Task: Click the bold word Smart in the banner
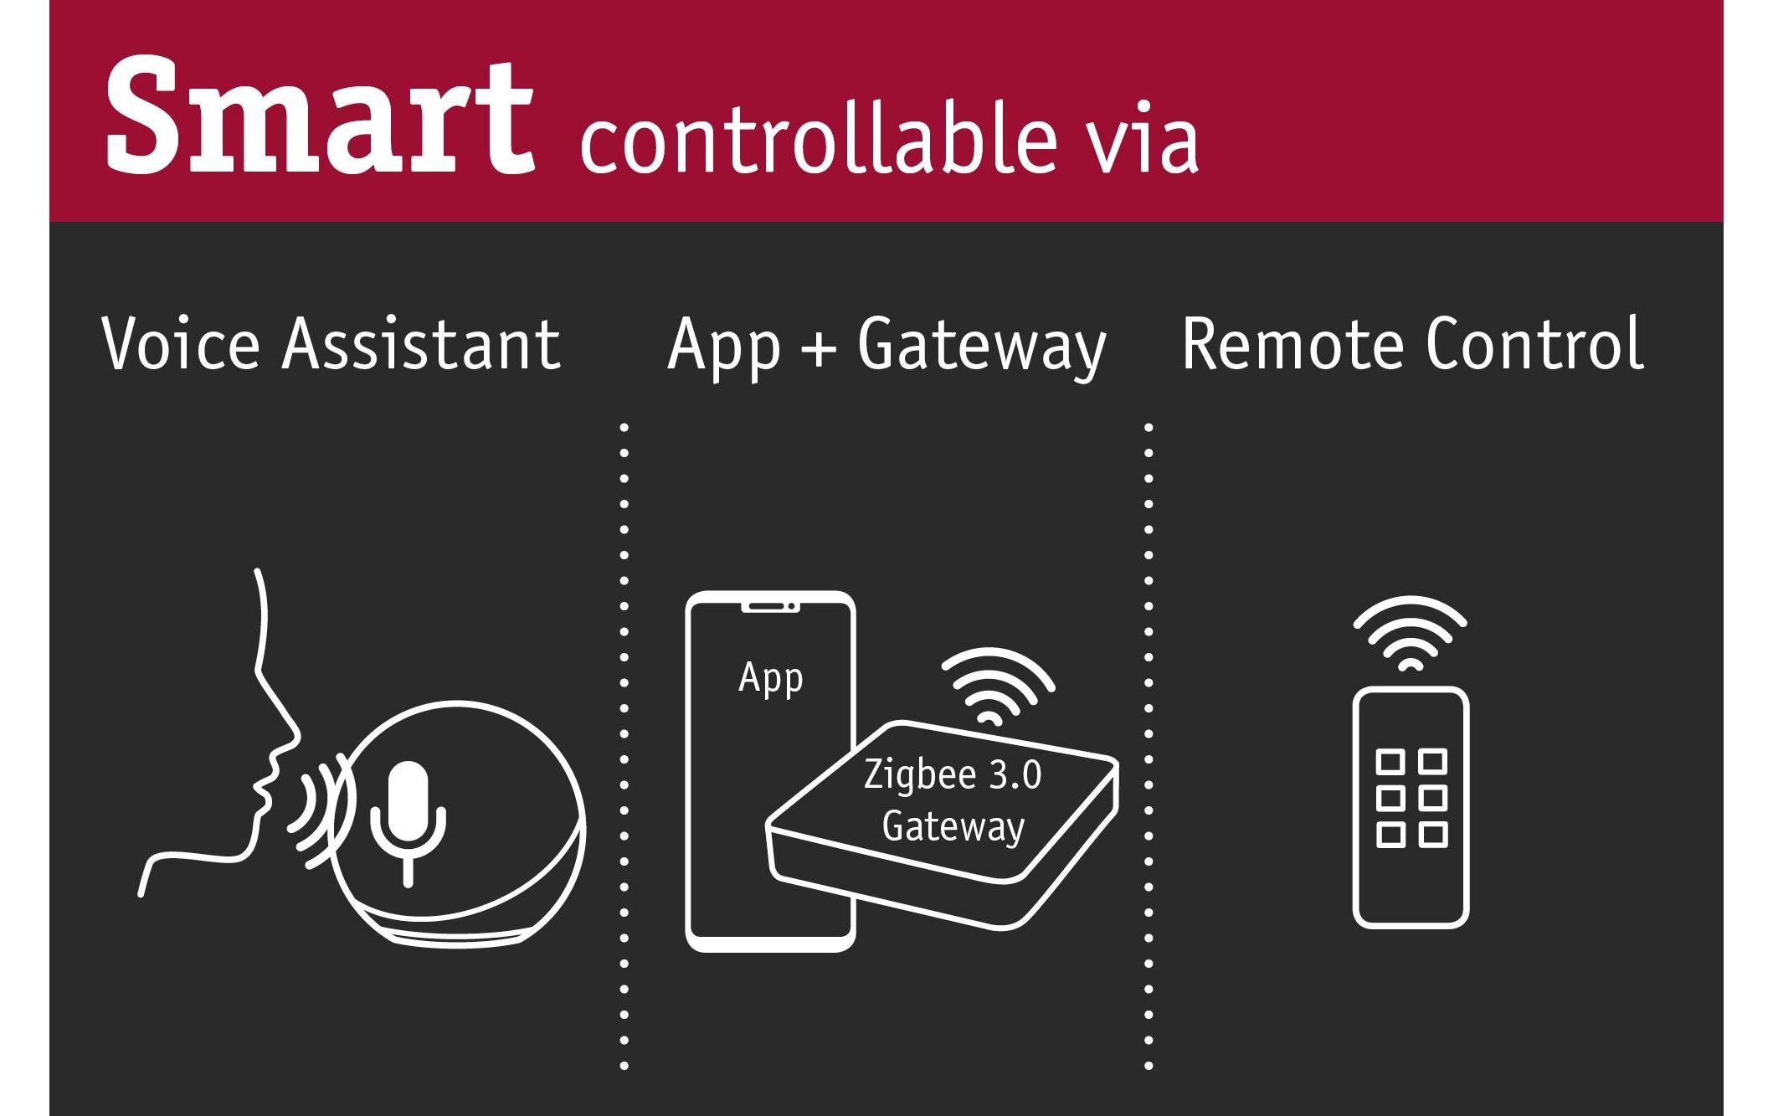(x=320, y=116)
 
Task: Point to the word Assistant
(x=421, y=343)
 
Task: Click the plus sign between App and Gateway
(x=819, y=347)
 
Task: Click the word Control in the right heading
(x=1534, y=343)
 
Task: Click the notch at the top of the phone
(x=770, y=606)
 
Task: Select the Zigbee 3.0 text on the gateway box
(x=953, y=774)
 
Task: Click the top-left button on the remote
(x=1390, y=762)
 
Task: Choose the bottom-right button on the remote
(x=1433, y=835)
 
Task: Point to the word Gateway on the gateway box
(x=953, y=827)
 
